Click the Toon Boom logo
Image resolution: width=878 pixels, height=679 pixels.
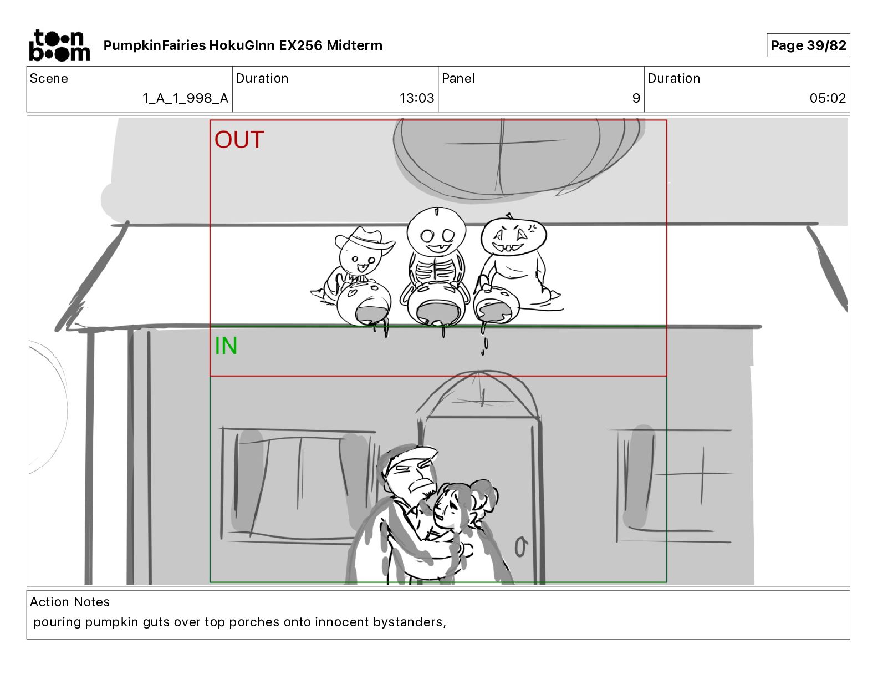(x=60, y=45)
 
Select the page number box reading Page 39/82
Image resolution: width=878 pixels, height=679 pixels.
(x=808, y=45)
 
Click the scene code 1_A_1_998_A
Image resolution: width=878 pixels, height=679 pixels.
(x=186, y=98)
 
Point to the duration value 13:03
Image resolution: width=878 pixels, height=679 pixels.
(x=417, y=98)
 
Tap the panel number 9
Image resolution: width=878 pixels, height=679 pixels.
(x=636, y=98)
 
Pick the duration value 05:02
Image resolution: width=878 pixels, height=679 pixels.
(x=828, y=98)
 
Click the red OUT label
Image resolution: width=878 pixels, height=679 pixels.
(x=239, y=140)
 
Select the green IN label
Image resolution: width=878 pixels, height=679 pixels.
(x=226, y=346)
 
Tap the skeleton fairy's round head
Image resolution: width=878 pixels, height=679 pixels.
(x=436, y=231)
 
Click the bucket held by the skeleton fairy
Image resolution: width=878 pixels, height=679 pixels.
(x=435, y=304)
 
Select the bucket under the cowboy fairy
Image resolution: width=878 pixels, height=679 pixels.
(x=364, y=303)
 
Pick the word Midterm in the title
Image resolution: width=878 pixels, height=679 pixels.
(x=354, y=45)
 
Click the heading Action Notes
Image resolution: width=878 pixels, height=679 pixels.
(x=69, y=602)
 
